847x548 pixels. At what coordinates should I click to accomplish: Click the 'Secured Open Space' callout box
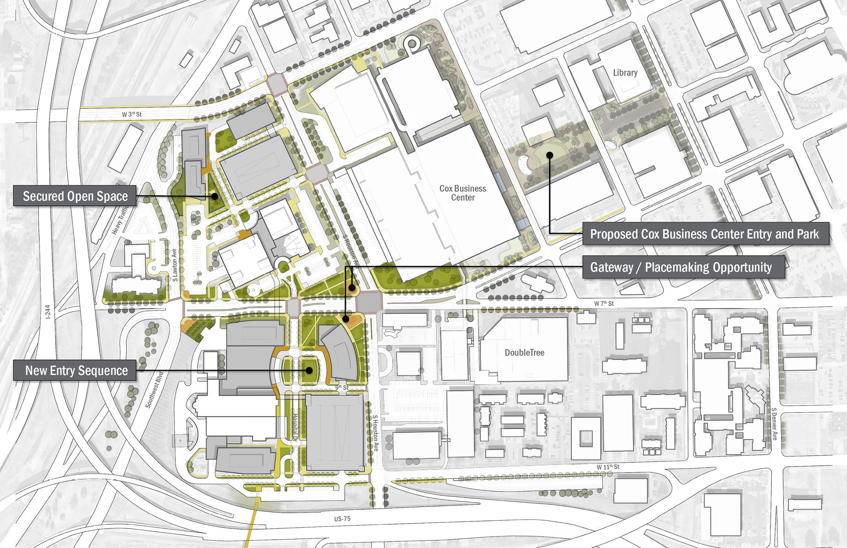click(x=75, y=196)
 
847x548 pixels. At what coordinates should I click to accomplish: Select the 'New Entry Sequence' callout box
click(x=75, y=370)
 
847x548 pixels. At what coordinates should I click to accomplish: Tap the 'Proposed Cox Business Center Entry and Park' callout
click(x=704, y=234)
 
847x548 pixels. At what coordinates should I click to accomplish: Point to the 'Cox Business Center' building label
click(x=463, y=193)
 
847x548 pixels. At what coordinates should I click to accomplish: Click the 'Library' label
click(x=625, y=73)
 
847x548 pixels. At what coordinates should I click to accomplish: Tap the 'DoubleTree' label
click(x=524, y=353)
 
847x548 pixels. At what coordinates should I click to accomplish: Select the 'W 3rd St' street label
click(x=132, y=114)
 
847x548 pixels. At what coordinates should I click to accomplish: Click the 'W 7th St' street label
click(x=604, y=303)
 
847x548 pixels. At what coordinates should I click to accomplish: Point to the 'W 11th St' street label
click(x=608, y=467)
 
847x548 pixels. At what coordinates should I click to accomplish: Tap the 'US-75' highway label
click(x=342, y=519)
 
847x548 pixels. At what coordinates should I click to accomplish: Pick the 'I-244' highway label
click(x=48, y=312)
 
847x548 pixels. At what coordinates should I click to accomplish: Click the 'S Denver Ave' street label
click(x=774, y=424)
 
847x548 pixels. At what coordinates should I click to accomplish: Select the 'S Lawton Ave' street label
click(x=174, y=265)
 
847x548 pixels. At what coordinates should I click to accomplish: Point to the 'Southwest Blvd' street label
click(x=154, y=390)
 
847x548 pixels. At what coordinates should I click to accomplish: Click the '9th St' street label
click(x=342, y=387)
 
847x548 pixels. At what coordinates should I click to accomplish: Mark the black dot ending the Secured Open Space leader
click(x=215, y=196)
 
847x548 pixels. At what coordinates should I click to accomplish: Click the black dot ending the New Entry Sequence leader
click(x=309, y=370)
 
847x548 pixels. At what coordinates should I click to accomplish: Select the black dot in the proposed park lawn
click(x=550, y=155)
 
